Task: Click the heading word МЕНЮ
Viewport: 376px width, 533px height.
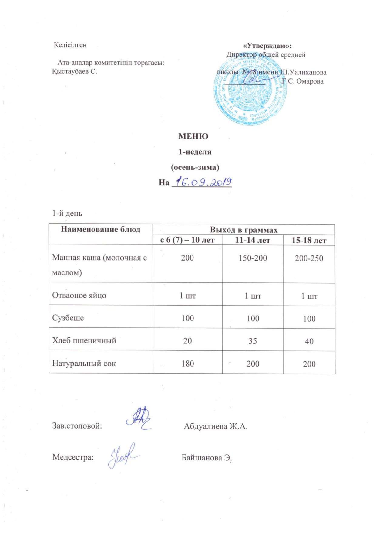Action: coord(193,136)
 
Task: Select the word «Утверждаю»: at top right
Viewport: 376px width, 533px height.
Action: coord(267,46)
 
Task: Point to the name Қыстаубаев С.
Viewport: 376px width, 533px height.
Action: coord(75,72)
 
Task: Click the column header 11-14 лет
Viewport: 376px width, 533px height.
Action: coord(253,240)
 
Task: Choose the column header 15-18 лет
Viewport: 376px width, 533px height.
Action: coord(309,241)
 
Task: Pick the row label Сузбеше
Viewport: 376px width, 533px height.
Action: coord(68,318)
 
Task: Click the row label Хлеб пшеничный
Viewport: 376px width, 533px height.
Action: coord(84,340)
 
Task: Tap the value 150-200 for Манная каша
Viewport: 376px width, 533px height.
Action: coord(253,258)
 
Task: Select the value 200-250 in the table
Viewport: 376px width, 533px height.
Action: coord(309,258)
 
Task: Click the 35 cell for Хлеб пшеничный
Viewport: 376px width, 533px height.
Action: coord(253,341)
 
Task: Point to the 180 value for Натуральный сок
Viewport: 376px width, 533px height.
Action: coord(187,363)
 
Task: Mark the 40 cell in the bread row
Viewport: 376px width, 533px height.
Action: coord(309,341)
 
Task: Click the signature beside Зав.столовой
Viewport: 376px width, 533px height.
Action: coord(139,419)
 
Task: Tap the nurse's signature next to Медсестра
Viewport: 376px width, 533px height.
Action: coord(123,455)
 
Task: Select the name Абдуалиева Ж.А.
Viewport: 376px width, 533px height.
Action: coord(216,426)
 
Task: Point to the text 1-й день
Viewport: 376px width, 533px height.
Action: coord(67,213)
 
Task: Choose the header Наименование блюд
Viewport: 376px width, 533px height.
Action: coord(101,229)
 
